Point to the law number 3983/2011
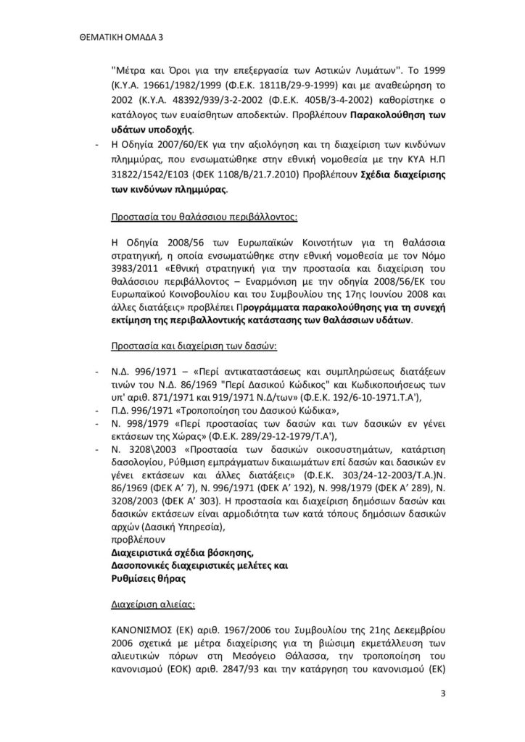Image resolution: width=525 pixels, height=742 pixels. [x=133, y=267]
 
